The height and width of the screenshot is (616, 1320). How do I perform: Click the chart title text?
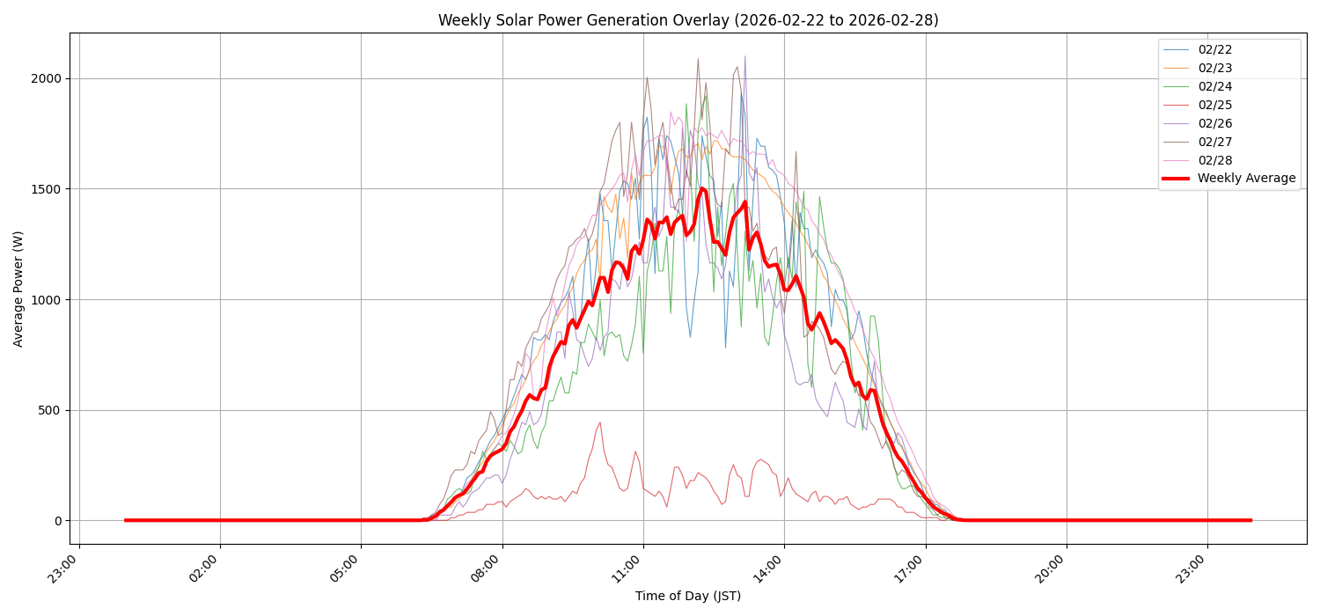[x=688, y=20]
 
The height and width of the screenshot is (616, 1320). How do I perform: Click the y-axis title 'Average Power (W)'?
[x=18, y=289]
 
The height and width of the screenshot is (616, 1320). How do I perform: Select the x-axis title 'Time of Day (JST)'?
[x=688, y=596]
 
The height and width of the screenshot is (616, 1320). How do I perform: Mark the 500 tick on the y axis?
[x=49, y=410]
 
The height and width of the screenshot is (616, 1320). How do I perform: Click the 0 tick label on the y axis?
[x=58, y=521]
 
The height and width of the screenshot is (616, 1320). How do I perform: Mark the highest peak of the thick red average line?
[x=701, y=187]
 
